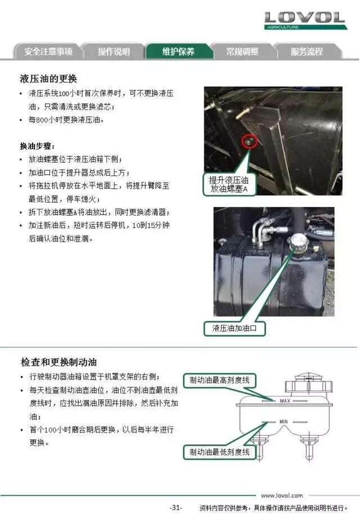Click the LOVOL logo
[305, 20]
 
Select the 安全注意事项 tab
[48, 51]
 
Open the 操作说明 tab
[114, 51]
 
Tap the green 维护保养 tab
[178, 51]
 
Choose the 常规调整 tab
[242, 51]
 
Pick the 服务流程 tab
[307, 51]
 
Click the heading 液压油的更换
[48, 79]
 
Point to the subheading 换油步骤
[37, 146]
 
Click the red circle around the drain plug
[250, 142]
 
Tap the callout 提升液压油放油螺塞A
[229, 184]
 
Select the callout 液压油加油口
[235, 328]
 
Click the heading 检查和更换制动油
[58, 362]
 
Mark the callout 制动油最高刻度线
[220, 380]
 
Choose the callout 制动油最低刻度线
[220, 452]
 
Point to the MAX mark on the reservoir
[285, 401]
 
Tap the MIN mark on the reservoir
[283, 422]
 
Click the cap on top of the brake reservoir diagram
[308, 384]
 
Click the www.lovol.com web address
[282, 495]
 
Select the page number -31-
[175, 508]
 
